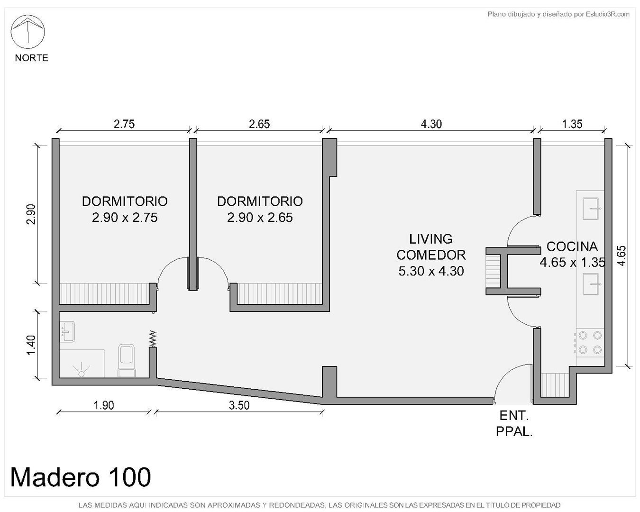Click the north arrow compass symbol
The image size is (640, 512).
tap(27, 32)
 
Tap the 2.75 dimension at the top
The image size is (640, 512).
tap(124, 124)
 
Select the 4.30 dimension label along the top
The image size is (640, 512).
tap(431, 124)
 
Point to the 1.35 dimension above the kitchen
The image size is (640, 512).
tap(572, 124)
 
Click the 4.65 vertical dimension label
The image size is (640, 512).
tap(621, 256)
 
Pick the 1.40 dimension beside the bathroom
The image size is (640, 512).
tap(31, 345)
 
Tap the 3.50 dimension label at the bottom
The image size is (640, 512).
tap(239, 405)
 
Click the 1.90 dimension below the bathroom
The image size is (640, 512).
tap(104, 405)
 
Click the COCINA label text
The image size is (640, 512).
tap(572, 247)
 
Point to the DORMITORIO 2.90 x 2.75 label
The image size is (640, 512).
tap(125, 210)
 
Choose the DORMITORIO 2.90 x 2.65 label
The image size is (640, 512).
tap(260, 210)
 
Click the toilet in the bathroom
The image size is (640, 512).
tap(127, 361)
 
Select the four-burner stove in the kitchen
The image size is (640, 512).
tap(590, 343)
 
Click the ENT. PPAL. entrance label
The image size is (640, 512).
tap(514, 424)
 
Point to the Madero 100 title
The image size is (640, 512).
tap(81, 477)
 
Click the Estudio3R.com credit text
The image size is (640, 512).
tap(558, 14)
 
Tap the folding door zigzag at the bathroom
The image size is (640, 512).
tap(153, 338)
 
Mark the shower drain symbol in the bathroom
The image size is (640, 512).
tap(81, 372)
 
